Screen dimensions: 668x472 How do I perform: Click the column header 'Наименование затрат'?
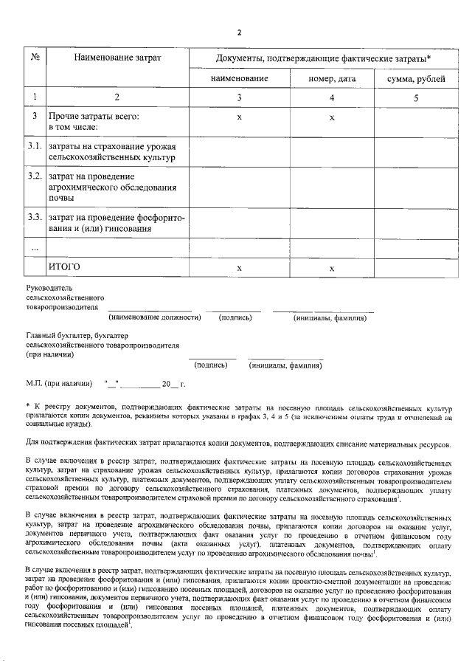(x=117, y=58)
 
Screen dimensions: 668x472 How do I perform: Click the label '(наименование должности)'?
(x=155, y=318)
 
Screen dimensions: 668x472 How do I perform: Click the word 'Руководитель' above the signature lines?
(x=49, y=287)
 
